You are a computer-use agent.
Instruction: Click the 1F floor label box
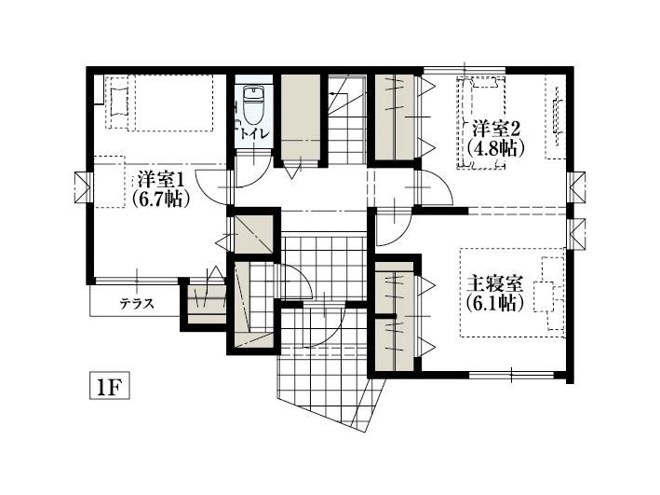pos(110,385)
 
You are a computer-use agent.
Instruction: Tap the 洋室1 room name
pos(161,180)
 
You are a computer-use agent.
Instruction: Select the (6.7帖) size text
pos(159,198)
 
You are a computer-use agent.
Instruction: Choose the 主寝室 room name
pos(495,284)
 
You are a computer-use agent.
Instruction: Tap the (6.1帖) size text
pos(495,303)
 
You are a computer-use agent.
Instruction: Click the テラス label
pos(137,304)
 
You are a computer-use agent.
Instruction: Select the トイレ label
pos(254,134)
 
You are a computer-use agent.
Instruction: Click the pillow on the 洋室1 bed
pos(119,102)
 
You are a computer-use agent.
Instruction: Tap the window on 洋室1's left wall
pos(83,187)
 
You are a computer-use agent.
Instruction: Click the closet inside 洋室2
pos(395,117)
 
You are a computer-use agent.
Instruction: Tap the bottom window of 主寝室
pos(511,374)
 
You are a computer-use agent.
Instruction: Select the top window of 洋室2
pos(465,71)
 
